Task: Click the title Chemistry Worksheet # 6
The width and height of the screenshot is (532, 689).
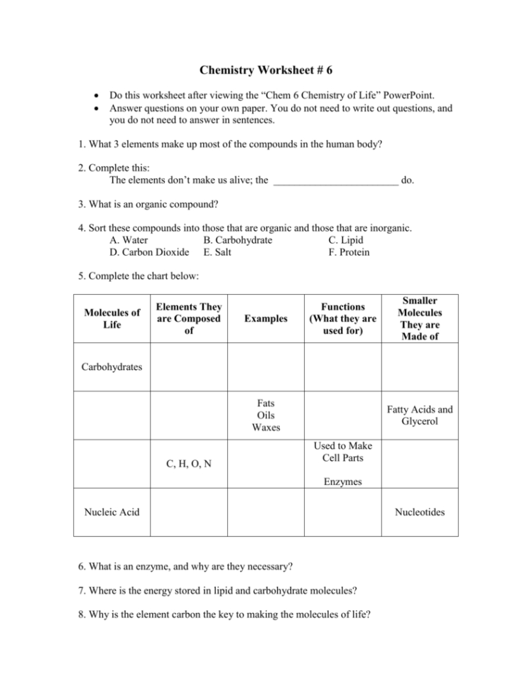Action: click(266, 70)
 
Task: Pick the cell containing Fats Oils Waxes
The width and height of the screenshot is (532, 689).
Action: click(266, 415)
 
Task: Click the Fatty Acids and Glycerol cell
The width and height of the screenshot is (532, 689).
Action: click(419, 415)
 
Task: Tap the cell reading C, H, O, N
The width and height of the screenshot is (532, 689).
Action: click(188, 465)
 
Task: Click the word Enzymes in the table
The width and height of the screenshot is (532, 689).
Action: click(342, 482)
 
